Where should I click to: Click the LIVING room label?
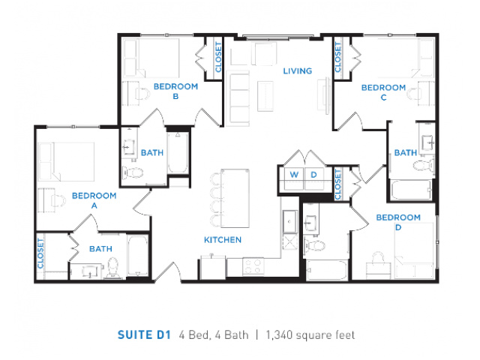click(298, 71)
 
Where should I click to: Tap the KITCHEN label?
click(223, 240)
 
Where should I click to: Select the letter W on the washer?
click(294, 175)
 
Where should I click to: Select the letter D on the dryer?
click(313, 175)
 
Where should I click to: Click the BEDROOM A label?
click(94, 200)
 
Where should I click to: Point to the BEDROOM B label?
click(175, 91)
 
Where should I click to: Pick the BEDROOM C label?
click(383, 92)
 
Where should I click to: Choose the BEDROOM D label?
click(398, 222)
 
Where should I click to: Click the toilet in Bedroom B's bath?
click(133, 173)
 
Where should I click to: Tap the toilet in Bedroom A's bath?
click(112, 267)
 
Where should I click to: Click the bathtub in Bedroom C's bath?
click(411, 190)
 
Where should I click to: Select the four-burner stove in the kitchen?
click(253, 266)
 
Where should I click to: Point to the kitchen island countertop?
click(235, 198)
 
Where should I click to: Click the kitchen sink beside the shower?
click(289, 221)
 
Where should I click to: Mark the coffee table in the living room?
click(265, 96)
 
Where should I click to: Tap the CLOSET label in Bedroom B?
click(218, 57)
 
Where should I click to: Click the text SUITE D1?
click(144, 335)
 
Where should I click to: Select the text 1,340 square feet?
click(310, 335)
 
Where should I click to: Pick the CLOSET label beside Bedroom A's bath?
click(40, 253)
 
